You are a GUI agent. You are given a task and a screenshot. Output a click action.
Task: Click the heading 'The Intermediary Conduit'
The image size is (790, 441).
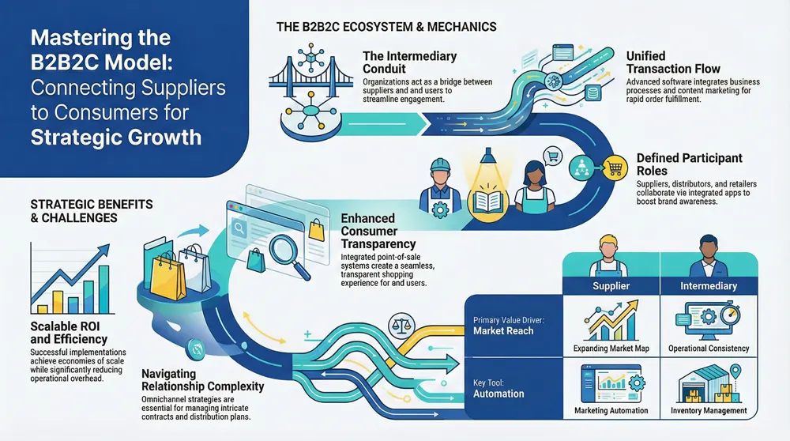410,62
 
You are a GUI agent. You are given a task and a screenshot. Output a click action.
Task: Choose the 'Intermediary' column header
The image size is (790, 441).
709,285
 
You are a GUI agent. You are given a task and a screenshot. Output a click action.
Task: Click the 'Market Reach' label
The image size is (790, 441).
504,330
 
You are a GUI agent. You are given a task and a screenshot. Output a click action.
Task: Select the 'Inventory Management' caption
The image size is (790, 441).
709,410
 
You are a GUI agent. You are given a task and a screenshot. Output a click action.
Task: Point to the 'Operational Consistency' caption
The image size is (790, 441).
709,348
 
